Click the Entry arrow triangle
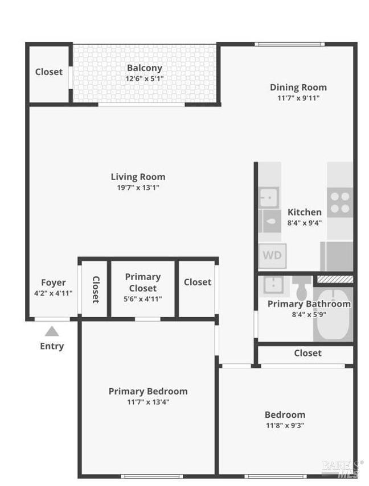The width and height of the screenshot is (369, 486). tap(52, 331)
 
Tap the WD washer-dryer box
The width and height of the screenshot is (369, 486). tap(272, 256)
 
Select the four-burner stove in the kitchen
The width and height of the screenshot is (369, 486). tap(340, 202)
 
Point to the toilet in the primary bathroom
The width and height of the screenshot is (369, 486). tap(302, 288)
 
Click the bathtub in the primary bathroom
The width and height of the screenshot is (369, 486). tap(333, 314)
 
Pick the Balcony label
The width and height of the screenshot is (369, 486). tap(145, 68)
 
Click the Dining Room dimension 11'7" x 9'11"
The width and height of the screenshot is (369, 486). tap(298, 98)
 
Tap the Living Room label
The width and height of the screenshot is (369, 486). tap(138, 177)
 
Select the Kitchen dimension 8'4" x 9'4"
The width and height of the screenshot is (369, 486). tap(305, 223)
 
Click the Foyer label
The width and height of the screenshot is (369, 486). tap(54, 283)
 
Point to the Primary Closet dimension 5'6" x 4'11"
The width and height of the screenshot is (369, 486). tap(142, 299)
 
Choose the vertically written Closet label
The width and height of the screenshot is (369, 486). tap(96, 289)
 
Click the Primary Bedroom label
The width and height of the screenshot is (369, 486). tap(148, 392)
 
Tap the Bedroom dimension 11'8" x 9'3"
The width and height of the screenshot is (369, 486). tap(285, 425)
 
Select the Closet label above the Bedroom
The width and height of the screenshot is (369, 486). tap(308, 353)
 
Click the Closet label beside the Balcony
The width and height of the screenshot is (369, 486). tap(49, 72)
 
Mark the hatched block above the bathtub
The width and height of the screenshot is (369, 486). tap(335, 280)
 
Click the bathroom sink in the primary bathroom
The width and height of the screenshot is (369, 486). tap(274, 285)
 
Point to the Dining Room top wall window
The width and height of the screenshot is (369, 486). tap(290, 44)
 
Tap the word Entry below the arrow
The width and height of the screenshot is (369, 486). tap(52, 346)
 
